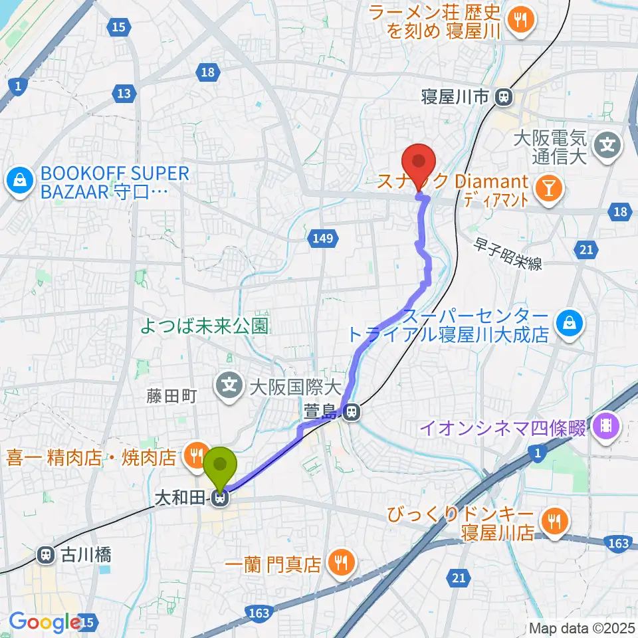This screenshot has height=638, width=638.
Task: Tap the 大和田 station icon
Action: coord(221,497)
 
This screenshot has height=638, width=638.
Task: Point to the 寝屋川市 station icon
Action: coord(504,98)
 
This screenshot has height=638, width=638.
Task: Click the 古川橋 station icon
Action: coord(46,553)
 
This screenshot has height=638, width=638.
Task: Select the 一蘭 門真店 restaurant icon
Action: coord(341,564)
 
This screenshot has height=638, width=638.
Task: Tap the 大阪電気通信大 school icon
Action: coord(607,142)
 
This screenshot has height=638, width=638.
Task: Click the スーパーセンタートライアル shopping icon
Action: coord(570,323)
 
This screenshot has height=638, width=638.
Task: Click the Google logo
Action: coord(45,622)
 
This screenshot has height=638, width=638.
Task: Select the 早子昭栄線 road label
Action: coord(508,255)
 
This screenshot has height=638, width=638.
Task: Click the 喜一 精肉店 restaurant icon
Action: coord(195,456)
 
